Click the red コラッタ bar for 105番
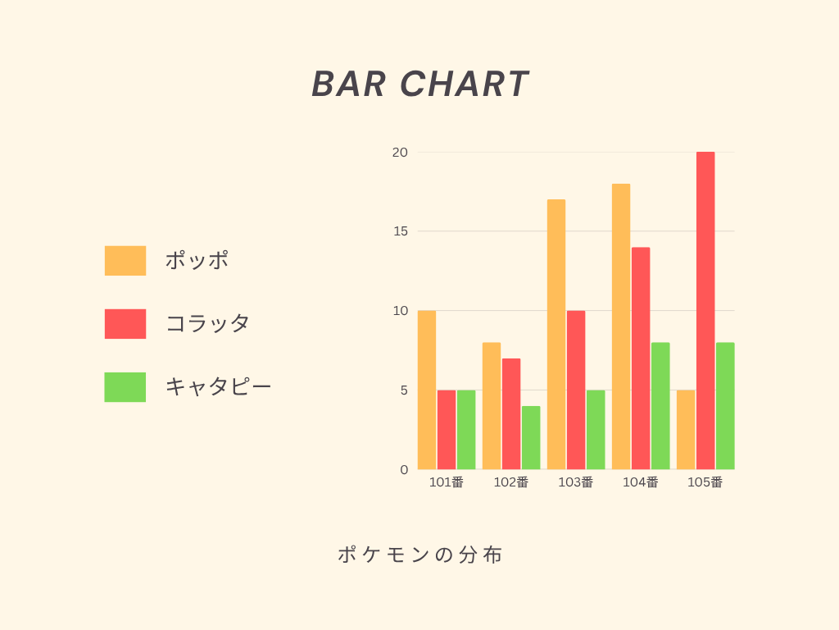(x=705, y=311)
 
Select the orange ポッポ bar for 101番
(x=426, y=390)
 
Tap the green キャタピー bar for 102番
(x=531, y=438)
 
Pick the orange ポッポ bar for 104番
(x=621, y=326)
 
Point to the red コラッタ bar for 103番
(x=576, y=390)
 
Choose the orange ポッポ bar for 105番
(x=686, y=430)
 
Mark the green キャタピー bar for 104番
(x=660, y=406)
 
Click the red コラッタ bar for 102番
(x=511, y=414)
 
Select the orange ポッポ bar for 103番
(x=556, y=335)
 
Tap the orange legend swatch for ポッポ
(x=125, y=261)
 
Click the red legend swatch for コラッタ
(x=125, y=324)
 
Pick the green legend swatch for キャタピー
(x=125, y=387)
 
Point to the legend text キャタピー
(x=218, y=386)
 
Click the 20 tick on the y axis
(x=400, y=153)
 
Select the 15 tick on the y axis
(x=400, y=231)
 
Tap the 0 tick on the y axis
(x=404, y=470)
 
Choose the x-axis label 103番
(x=576, y=482)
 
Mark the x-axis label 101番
(x=447, y=482)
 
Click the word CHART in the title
(x=464, y=84)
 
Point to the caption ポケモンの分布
(x=420, y=555)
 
